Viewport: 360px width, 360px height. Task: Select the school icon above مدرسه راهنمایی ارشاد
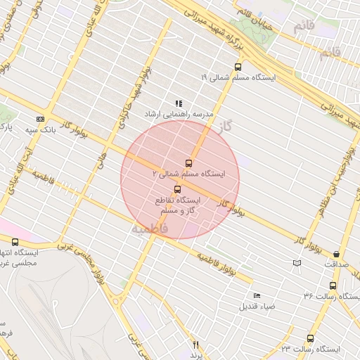coord(178,103)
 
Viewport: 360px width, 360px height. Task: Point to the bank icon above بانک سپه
coord(41,119)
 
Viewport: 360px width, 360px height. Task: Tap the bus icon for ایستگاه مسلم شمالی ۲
coord(188,163)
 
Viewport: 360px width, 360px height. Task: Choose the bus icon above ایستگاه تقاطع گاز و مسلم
coord(176,189)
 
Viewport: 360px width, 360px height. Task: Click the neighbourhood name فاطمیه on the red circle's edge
coord(150,229)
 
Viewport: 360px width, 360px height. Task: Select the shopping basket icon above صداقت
coord(336,254)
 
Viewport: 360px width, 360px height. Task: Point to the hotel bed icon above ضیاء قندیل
coord(257,295)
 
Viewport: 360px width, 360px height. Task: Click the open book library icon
coord(297,263)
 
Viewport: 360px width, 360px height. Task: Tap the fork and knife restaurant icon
coord(196,345)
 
